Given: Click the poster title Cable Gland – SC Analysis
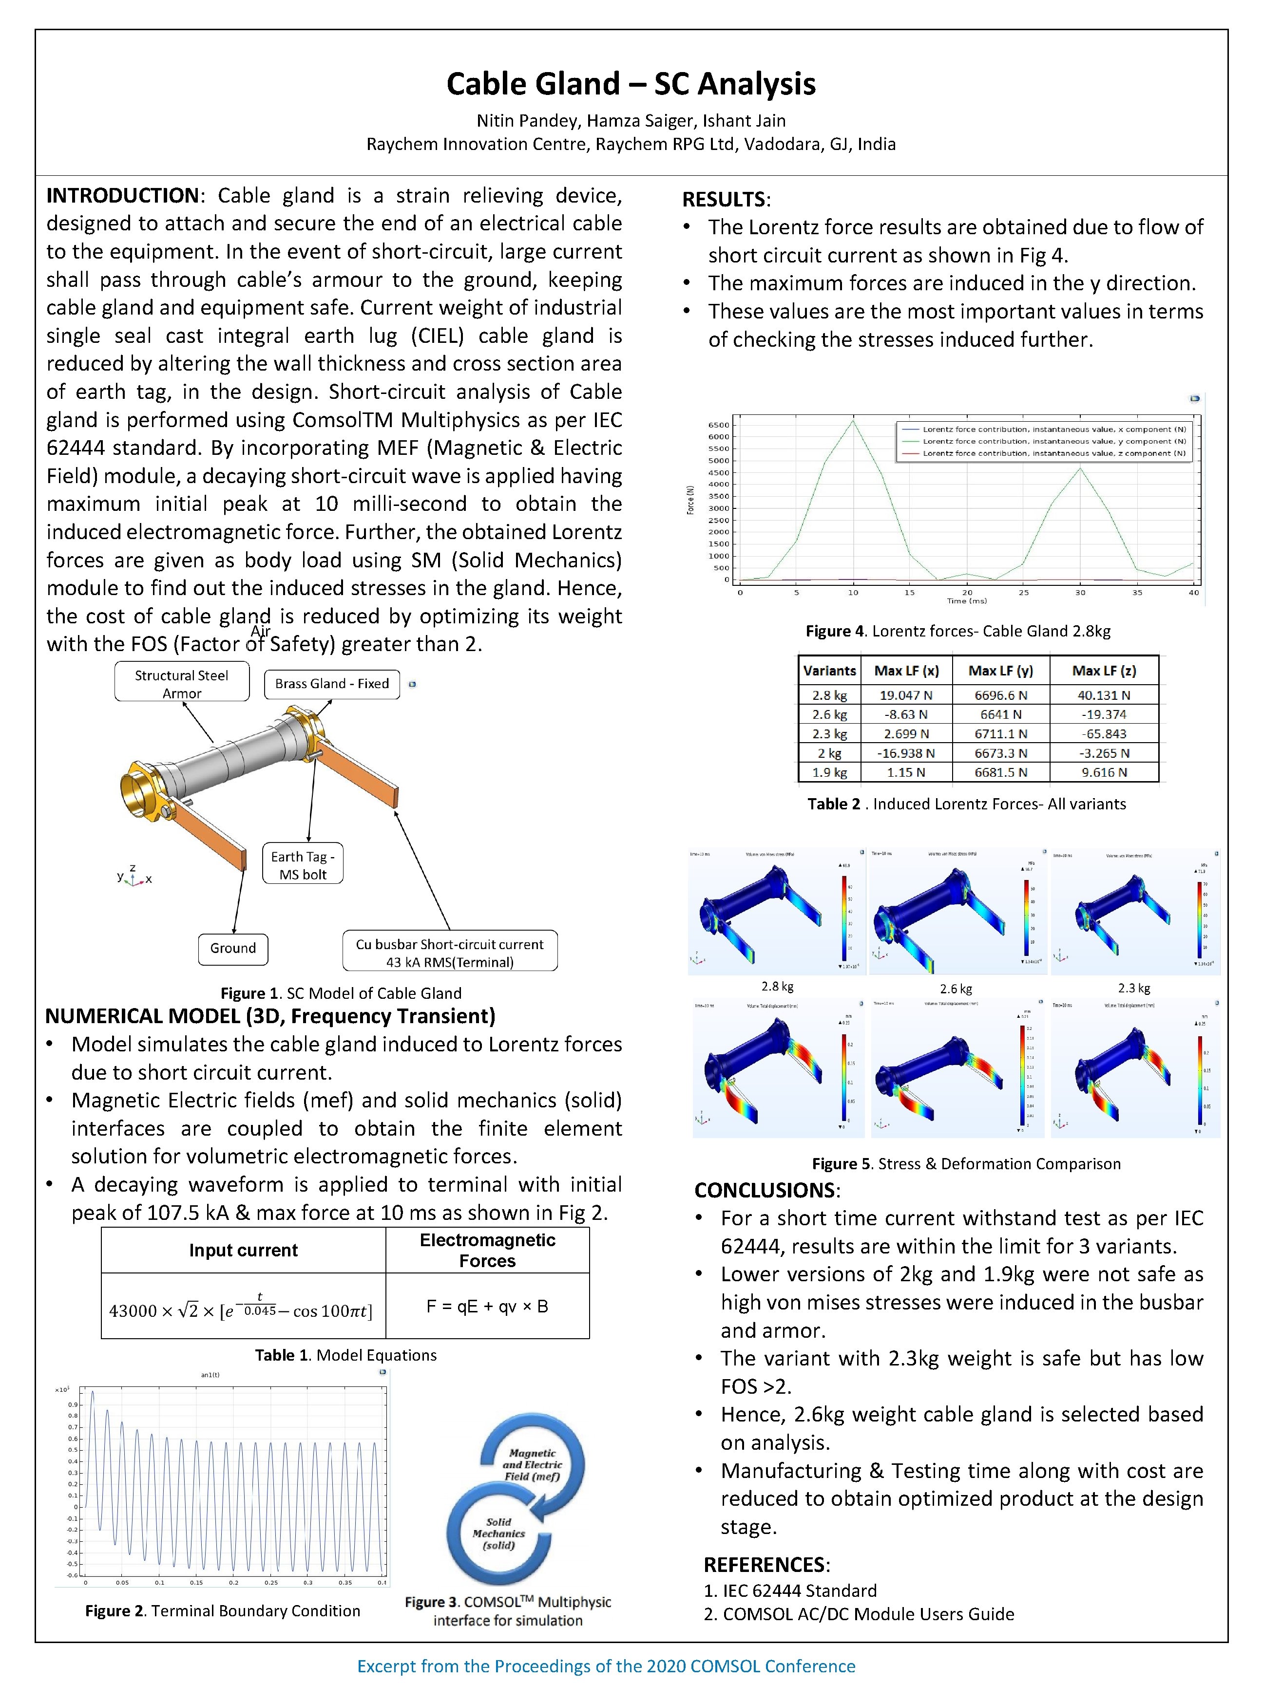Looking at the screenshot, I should pos(631,84).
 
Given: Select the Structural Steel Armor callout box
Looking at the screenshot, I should pos(181,683).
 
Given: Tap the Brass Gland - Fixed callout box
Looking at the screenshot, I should pos(331,683).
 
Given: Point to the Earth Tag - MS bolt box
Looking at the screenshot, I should pos(302,865).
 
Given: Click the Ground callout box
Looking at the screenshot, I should pos(233,948).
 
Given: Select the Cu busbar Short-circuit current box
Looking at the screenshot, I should pos(449,953).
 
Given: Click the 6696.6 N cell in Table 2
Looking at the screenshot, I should pos(1000,694).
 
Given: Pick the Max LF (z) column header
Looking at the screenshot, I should pos(1103,670).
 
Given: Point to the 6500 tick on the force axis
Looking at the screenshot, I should pos(719,425).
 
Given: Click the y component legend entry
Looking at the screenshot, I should pos(1053,441).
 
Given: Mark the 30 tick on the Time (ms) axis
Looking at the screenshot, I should pos(1080,593).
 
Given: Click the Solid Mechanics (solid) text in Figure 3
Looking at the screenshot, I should pos(498,1533).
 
